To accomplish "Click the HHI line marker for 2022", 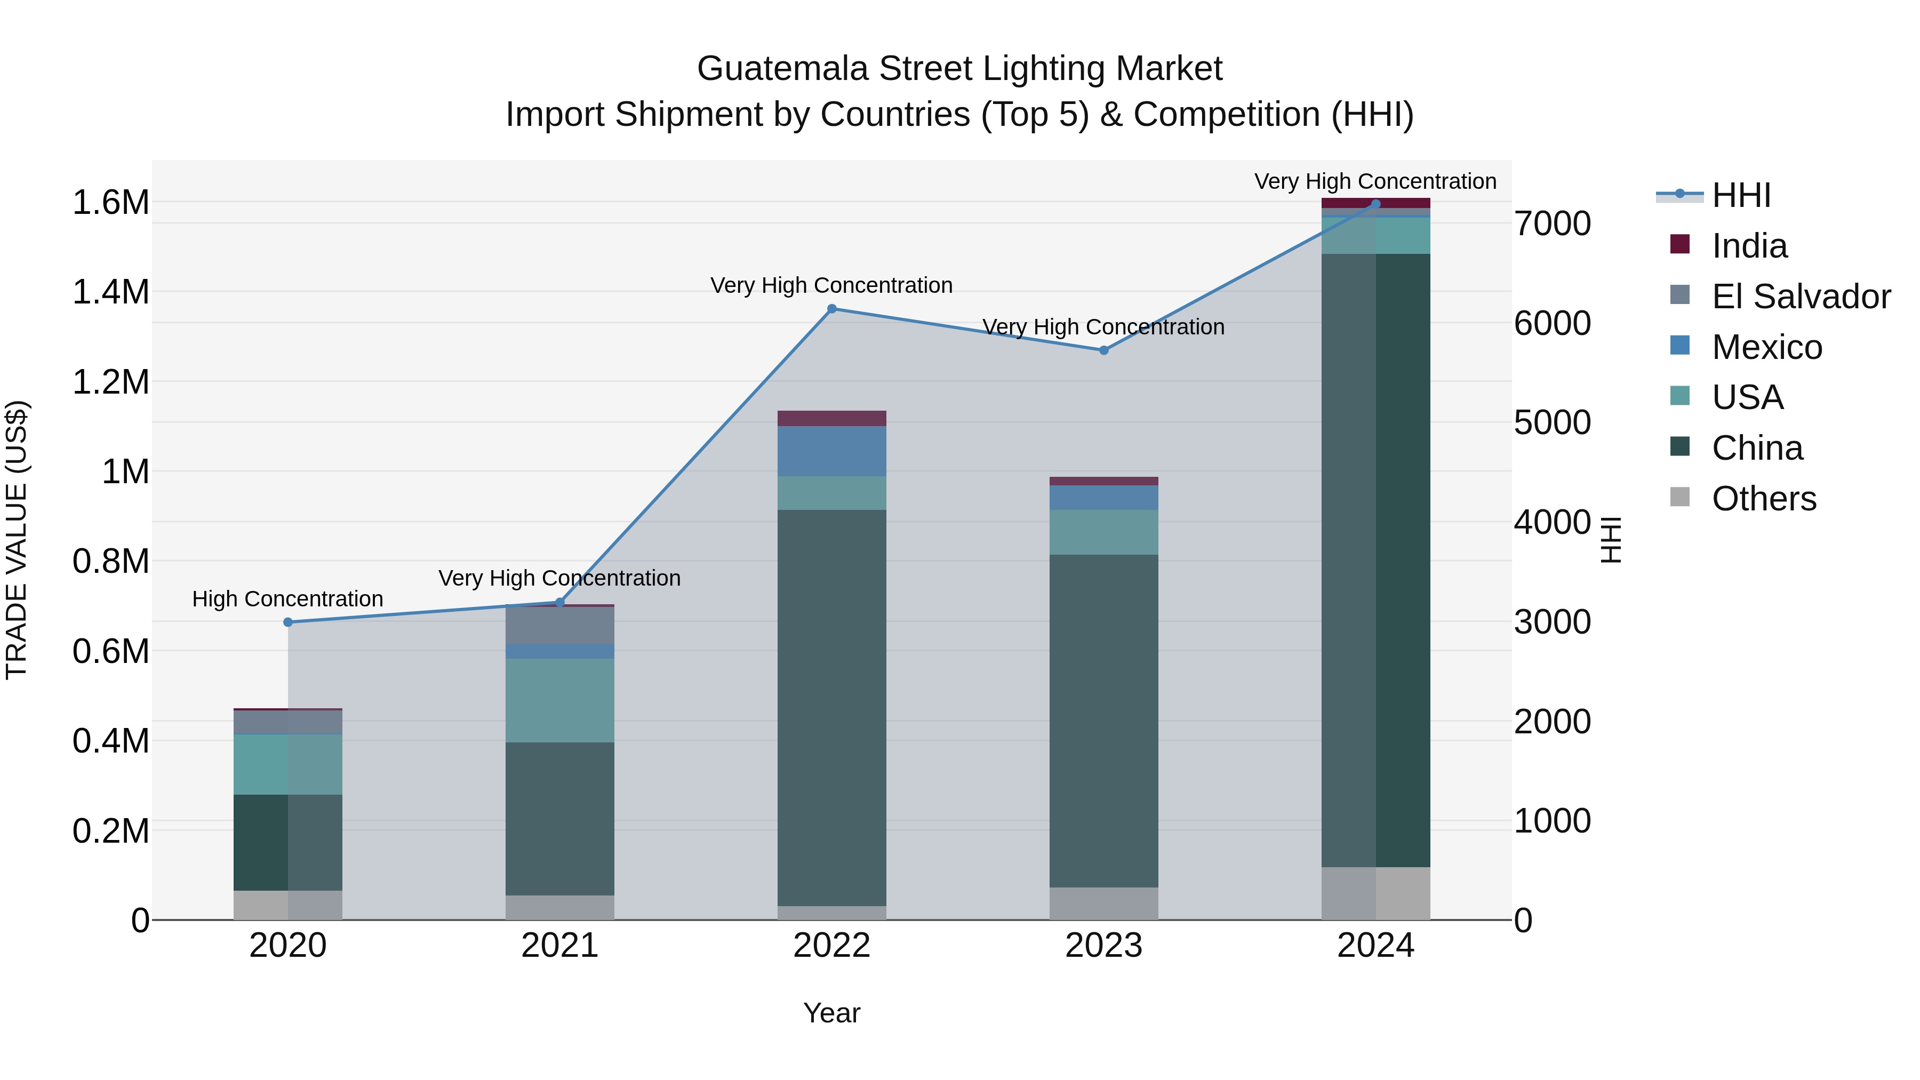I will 832,309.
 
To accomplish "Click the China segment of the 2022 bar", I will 832,708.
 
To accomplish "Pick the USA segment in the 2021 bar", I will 560,701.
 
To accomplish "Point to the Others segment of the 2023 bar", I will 1104,903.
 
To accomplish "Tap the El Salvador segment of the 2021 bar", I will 560,626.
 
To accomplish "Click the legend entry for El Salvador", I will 1800,297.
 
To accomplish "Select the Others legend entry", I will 1764,499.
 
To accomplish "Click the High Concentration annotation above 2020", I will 287,599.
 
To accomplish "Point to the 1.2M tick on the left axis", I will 110,382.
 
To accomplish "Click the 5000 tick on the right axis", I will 1552,422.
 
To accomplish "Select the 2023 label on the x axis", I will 1104,946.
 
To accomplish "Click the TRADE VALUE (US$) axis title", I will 17,540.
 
